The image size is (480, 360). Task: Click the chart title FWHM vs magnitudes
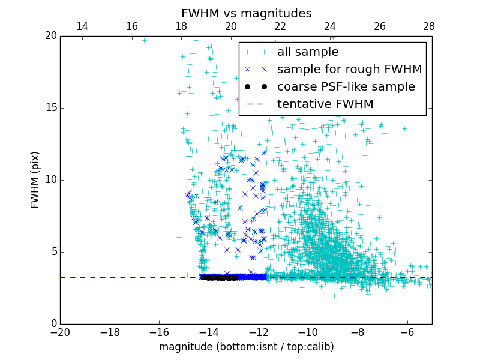(246, 13)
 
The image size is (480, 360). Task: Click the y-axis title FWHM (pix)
(35, 180)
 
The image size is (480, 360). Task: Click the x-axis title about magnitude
(246, 347)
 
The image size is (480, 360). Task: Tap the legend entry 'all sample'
(307, 52)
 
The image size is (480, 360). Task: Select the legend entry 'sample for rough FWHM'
(349, 70)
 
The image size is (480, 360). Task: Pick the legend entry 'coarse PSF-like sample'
(346, 87)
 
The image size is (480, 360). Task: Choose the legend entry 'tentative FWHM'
(325, 104)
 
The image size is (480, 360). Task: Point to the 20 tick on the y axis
(51, 36)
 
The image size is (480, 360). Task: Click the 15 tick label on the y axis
(51, 108)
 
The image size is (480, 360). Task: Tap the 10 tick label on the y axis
(51, 180)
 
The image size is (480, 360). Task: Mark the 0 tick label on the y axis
(53, 324)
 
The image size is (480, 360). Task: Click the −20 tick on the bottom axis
(60, 332)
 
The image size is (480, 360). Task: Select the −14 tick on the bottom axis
(209, 332)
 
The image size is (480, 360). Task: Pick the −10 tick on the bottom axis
(308, 332)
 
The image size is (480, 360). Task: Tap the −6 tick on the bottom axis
(407, 332)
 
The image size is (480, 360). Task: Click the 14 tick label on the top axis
(82, 26)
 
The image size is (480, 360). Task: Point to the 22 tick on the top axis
(280, 26)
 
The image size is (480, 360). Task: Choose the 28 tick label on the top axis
(429, 26)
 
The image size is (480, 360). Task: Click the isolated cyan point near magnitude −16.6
(144, 40)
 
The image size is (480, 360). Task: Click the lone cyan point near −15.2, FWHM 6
(179, 237)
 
